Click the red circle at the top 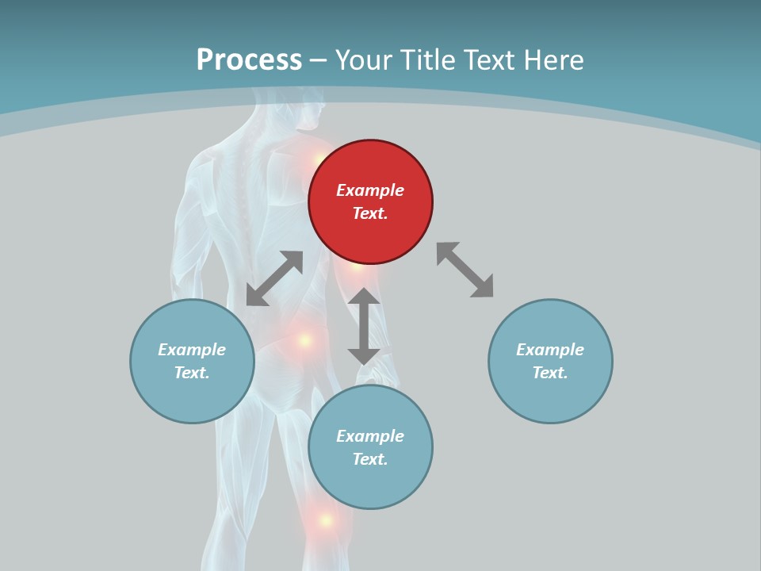coord(370,201)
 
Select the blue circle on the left coord(192,361)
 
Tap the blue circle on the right coord(550,361)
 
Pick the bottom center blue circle coord(370,447)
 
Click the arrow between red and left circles coord(274,278)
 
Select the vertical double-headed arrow coord(364,326)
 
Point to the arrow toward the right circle coord(465,270)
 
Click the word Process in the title coord(249,60)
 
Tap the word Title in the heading coord(430,60)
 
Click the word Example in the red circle coord(370,190)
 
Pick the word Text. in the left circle coord(192,373)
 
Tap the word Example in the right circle coord(550,350)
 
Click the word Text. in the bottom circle coord(370,459)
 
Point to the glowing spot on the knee coord(325,520)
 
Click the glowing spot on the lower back coord(304,340)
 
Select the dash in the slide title coord(319,60)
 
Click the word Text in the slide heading coord(488,60)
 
